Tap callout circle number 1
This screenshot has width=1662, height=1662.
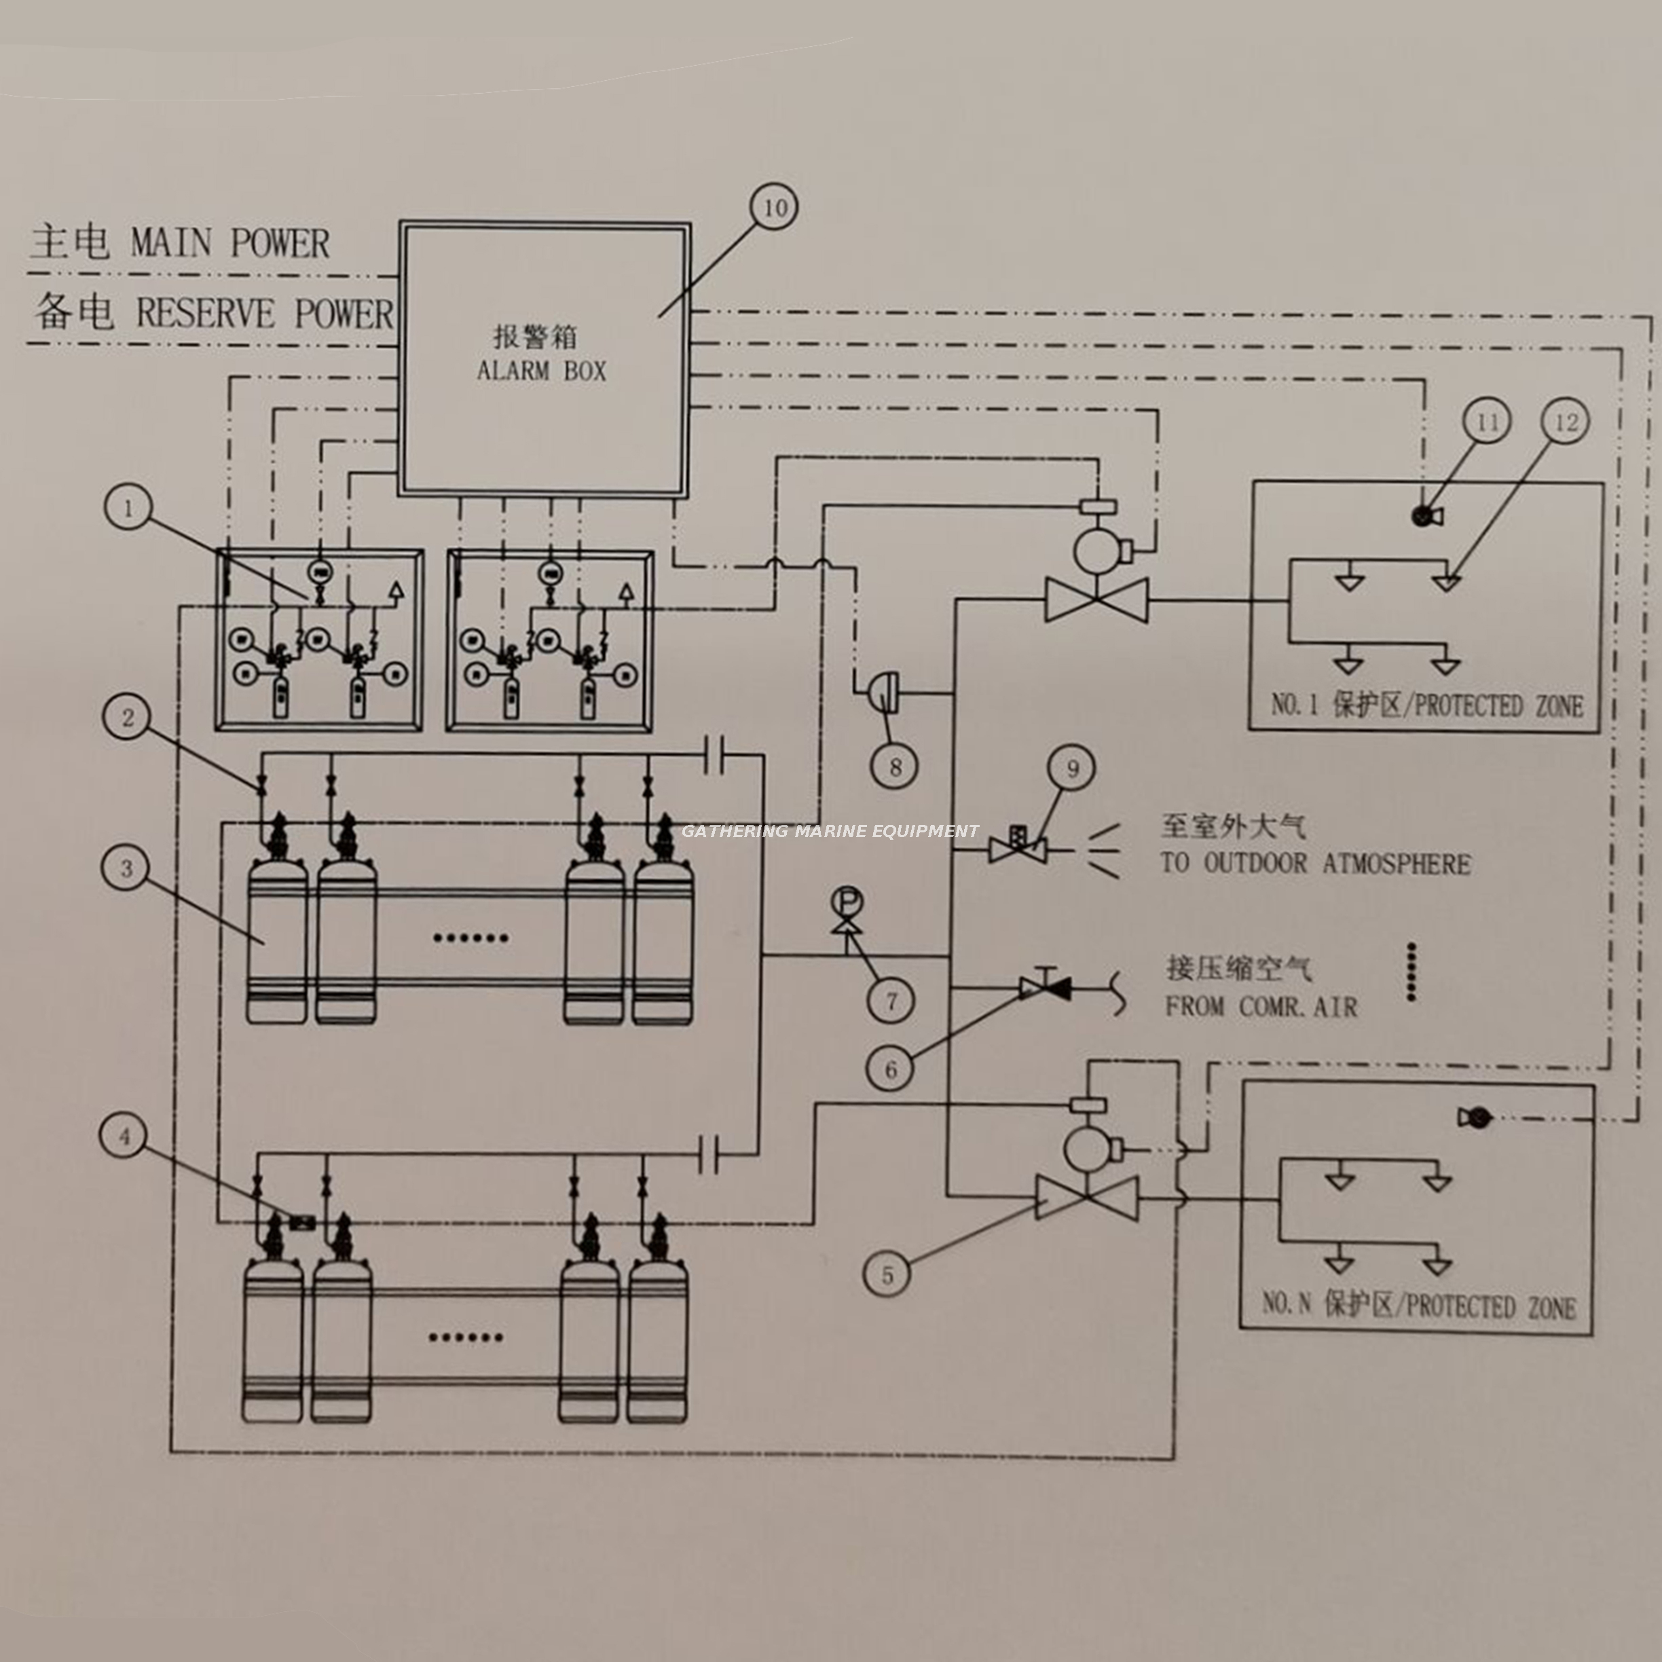pos(128,509)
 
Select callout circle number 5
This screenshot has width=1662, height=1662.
pos(889,1274)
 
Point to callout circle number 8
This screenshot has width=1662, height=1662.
pos(895,764)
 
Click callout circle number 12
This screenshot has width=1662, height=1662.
pos(1566,422)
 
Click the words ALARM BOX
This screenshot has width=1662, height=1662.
pos(541,371)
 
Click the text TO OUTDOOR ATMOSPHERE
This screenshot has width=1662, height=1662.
pos(1315,863)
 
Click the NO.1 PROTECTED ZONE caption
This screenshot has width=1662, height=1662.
pos(1426,705)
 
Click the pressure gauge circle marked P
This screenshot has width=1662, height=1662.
pos(847,902)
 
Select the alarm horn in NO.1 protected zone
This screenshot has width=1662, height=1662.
pos(1426,515)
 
